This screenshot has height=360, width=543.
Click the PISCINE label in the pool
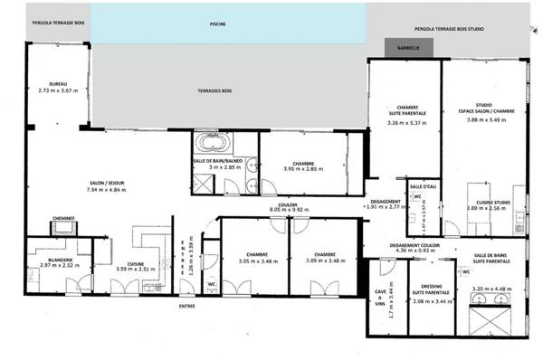(x=216, y=25)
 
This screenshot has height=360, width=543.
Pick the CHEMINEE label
(x=62, y=218)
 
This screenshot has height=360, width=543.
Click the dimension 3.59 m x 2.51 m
(x=137, y=270)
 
